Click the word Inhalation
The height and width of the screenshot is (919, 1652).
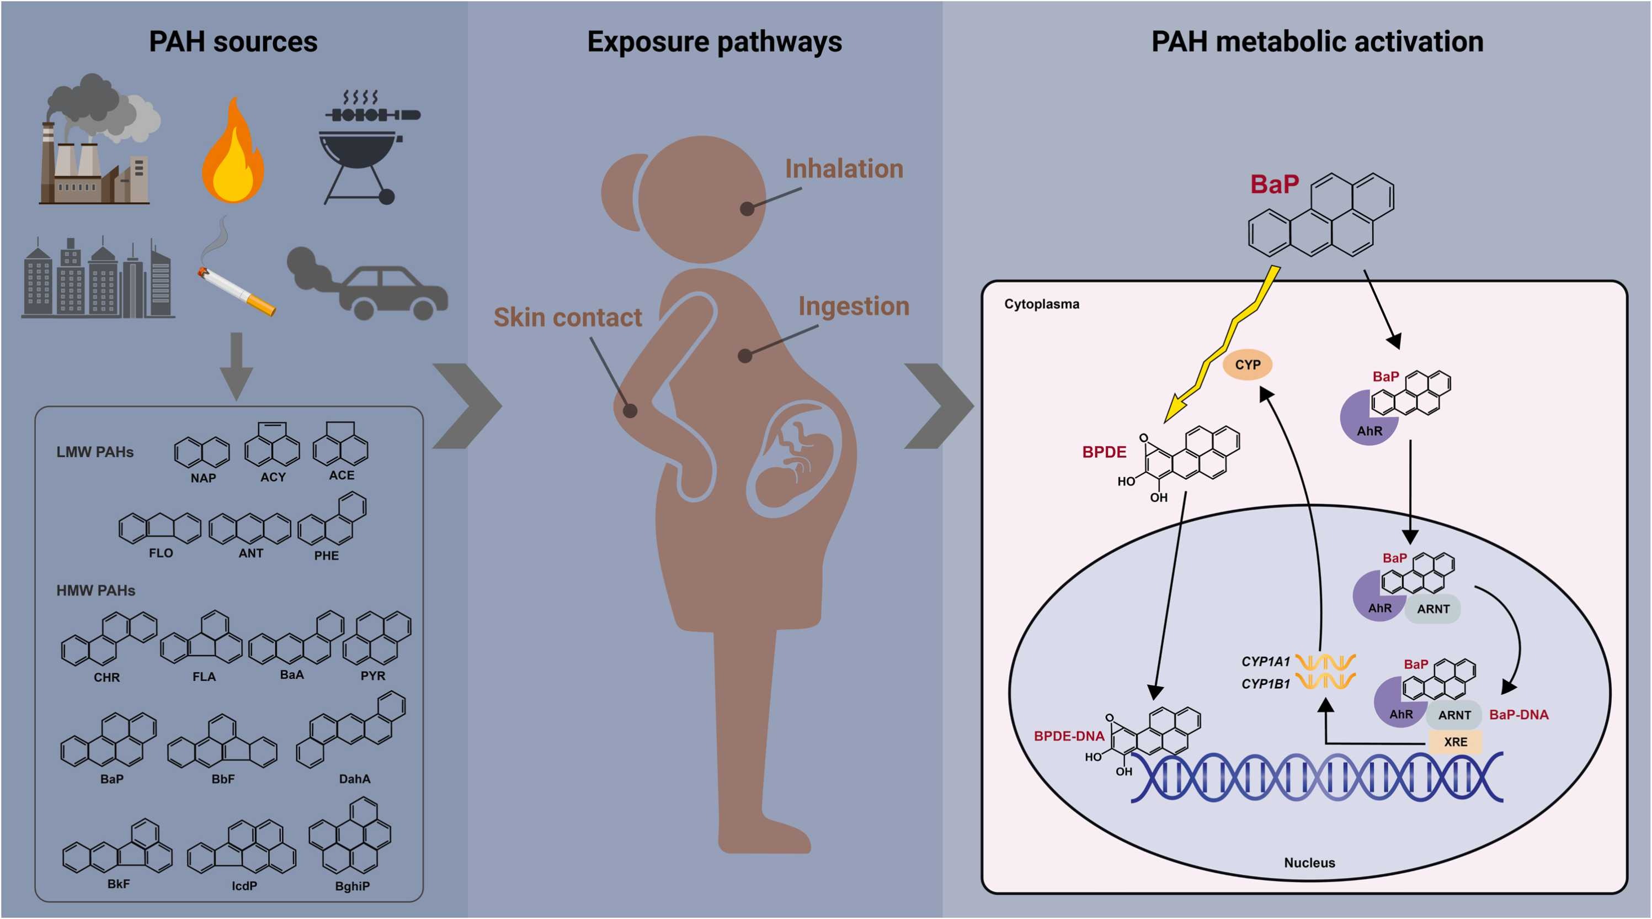point(844,169)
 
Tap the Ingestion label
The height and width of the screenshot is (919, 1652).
point(854,307)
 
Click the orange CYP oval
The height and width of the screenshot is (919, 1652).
point(1248,365)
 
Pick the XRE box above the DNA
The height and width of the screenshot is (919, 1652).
point(1455,742)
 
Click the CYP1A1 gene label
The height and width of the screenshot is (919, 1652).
point(1265,661)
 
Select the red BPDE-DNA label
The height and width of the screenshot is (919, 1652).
point(1068,736)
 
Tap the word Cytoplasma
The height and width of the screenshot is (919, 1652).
point(1042,304)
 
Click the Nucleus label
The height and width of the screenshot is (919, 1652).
point(1309,863)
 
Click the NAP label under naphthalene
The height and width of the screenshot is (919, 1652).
point(203,478)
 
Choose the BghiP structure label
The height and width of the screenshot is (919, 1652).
point(352,886)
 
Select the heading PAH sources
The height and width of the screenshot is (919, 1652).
point(233,42)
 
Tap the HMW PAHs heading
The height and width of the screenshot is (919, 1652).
point(95,590)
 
